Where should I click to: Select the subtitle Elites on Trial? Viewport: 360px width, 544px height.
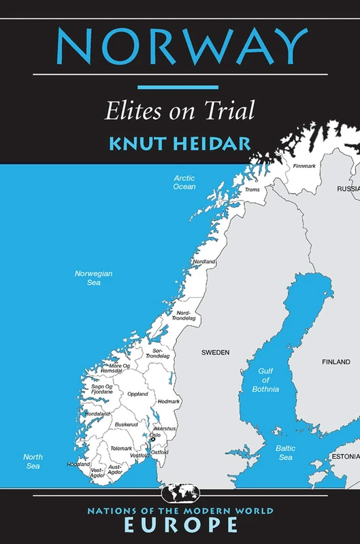pos(180,111)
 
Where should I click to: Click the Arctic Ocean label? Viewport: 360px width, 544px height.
pos(184,182)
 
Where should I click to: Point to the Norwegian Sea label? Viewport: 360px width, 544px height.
pos(93,277)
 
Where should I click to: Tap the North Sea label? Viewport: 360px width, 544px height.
pos(33,461)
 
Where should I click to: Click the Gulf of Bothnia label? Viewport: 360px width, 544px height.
pos(268,379)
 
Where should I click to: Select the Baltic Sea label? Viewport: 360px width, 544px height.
pos(285,453)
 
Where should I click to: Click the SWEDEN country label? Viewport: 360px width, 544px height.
pos(215,352)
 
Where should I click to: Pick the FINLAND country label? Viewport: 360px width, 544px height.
pos(336,362)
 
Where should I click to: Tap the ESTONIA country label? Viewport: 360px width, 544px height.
pos(345,456)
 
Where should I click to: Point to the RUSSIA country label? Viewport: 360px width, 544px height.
pos(348,188)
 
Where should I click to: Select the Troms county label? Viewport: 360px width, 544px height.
pos(252,190)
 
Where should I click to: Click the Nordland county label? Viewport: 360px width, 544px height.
pos(204,262)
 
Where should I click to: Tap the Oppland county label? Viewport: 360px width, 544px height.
pos(137,394)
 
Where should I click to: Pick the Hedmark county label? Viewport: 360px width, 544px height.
pos(168,401)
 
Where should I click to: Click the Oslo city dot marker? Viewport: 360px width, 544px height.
pos(153,439)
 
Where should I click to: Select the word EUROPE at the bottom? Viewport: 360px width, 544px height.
pos(180,525)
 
